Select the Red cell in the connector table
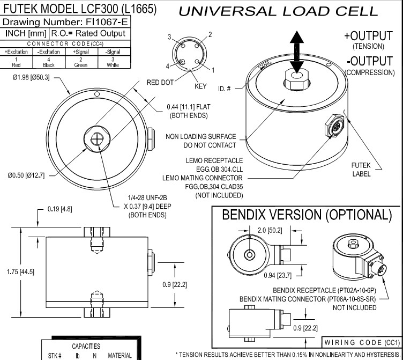[x=16, y=64]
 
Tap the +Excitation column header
[x=16, y=52]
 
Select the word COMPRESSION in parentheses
[x=370, y=72]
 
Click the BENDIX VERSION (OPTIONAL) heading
[x=307, y=215]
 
